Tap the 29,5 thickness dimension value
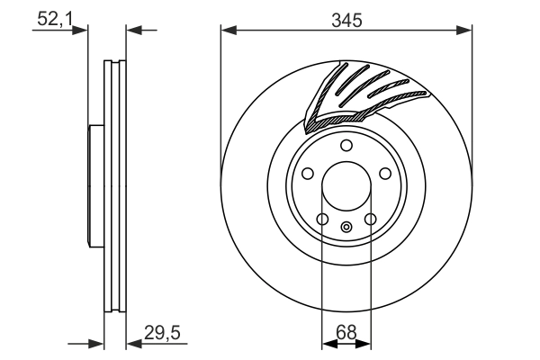coord(163,333)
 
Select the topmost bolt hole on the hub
coord(346,147)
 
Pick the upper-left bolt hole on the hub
coord(307,175)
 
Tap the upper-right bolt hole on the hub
coord(386,175)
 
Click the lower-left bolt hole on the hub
coord(322,219)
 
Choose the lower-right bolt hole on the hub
coord(371,219)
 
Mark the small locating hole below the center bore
coord(346,227)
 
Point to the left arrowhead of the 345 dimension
coord(228,31)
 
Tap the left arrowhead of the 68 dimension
coord(328,343)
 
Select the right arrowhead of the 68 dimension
coord(365,343)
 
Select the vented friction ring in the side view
coord(114,185)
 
